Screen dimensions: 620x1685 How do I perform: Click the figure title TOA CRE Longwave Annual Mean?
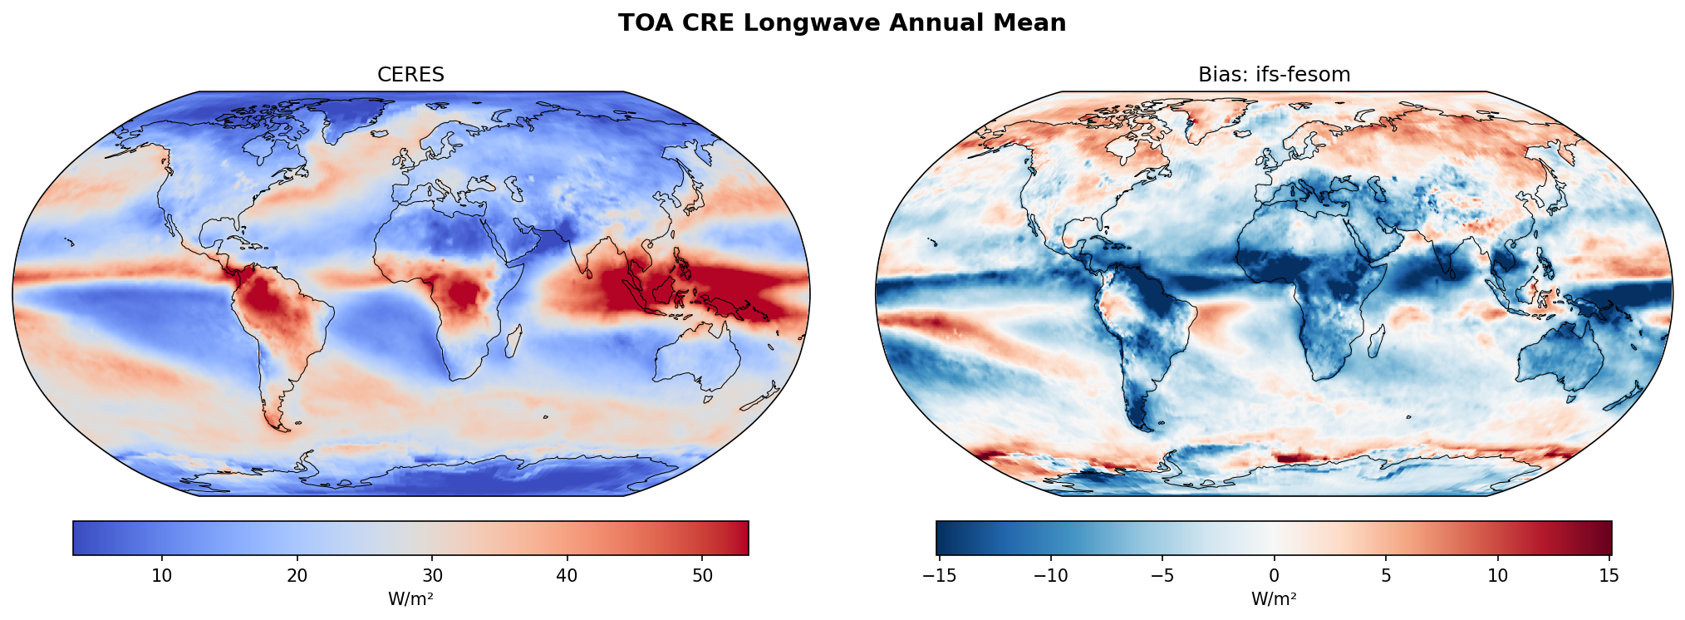(842, 23)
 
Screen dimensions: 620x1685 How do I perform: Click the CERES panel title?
(410, 75)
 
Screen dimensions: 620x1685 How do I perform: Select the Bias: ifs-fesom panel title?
(1274, 75)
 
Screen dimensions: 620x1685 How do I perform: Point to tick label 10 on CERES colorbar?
(162, 576)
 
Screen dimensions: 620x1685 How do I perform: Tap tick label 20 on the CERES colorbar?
(297, 576)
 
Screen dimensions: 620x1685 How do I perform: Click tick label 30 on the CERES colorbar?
(432, 576)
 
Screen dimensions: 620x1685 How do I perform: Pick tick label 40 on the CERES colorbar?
(567, 576)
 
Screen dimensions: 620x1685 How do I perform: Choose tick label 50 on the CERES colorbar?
(702, 576)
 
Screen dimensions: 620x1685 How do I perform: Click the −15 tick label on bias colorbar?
(939, 576)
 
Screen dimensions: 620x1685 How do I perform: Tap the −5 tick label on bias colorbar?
(1162, 576)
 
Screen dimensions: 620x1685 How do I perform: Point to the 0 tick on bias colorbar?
(1274, 576)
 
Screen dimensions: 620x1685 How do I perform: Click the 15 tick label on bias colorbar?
(1609, 576)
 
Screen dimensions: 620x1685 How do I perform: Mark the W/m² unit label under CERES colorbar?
(410, 598)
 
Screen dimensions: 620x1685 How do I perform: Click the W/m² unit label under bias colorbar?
(1274, 598)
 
